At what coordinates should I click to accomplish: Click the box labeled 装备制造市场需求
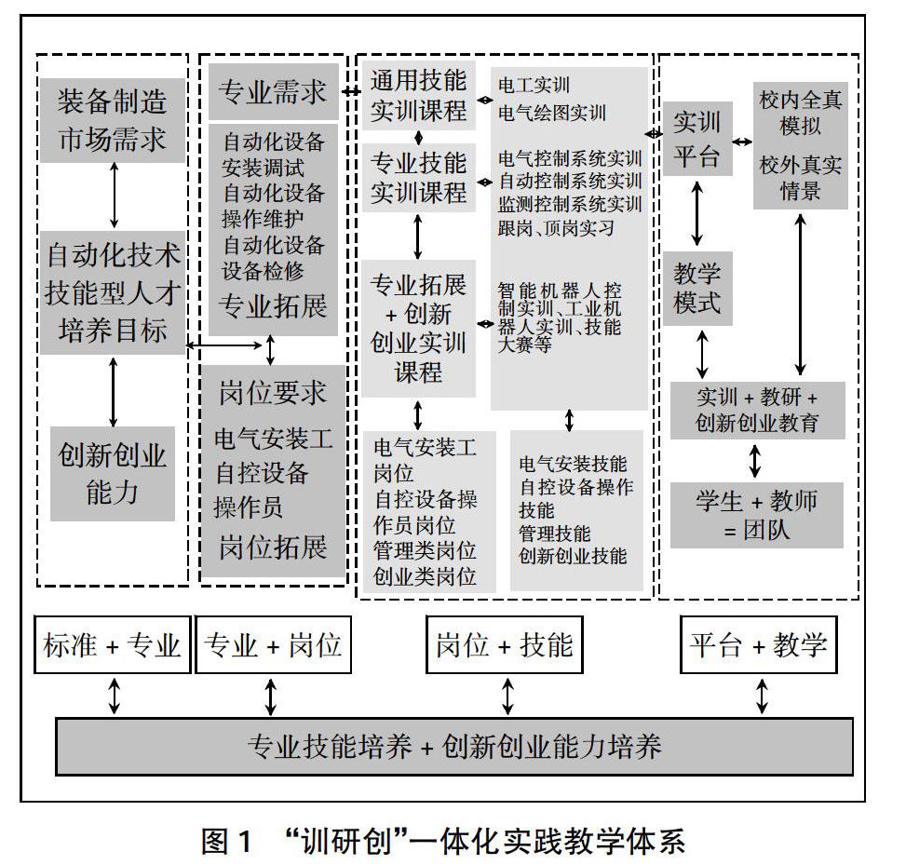[113, 119]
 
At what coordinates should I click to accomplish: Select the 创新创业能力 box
[113, 473]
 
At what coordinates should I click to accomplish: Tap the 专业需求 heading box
[272, 91]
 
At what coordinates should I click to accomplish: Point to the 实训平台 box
[696, 141]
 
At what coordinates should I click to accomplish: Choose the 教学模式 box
[697, 289]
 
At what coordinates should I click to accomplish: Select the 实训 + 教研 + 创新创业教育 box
[756, 410]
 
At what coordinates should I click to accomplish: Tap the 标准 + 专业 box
[113, 644]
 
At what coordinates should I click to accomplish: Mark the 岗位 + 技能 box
[504, 644]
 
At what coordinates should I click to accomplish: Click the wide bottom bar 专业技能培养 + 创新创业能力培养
[454, 746]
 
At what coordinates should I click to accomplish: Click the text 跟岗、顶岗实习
[556, 227]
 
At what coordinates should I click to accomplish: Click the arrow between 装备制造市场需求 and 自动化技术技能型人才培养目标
[114, 195]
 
